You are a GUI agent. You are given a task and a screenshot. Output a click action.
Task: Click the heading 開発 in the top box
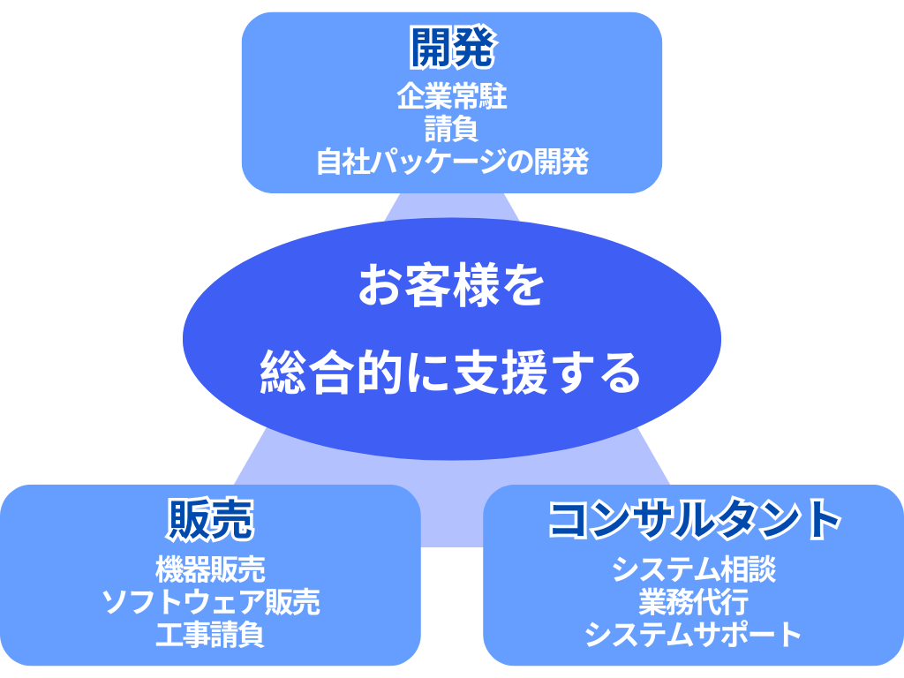point(452,48)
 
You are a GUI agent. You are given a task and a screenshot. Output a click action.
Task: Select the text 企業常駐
point(452,96)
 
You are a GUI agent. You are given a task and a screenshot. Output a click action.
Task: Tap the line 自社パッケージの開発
point(452,162)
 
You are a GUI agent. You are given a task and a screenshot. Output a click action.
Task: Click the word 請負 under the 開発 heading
point(452,129)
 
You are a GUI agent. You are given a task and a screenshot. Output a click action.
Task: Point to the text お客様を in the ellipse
point(451,285)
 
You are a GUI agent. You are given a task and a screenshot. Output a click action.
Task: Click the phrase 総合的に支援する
point(451,373)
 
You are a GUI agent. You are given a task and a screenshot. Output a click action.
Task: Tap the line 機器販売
point(210,569)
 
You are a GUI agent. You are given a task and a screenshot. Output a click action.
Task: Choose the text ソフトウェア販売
point(210,602)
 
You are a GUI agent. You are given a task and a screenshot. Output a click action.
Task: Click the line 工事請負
point(210,634)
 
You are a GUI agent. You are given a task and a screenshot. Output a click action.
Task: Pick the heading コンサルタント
point(694,519)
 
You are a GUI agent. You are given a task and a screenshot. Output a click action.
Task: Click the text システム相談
point(694,569)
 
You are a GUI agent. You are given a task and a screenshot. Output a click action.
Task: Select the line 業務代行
point(694,602)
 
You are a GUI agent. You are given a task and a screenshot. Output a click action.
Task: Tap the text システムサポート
point(694,634)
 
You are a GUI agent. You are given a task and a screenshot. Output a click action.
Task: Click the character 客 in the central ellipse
point(428,285)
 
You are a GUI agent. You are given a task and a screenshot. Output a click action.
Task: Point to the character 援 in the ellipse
point(524,373)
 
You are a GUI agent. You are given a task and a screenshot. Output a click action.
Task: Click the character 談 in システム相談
point(762,569)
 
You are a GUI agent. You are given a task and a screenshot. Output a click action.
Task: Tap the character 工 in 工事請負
point(169,634)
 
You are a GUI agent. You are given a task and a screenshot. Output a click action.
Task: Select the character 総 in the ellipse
point(282,373)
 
